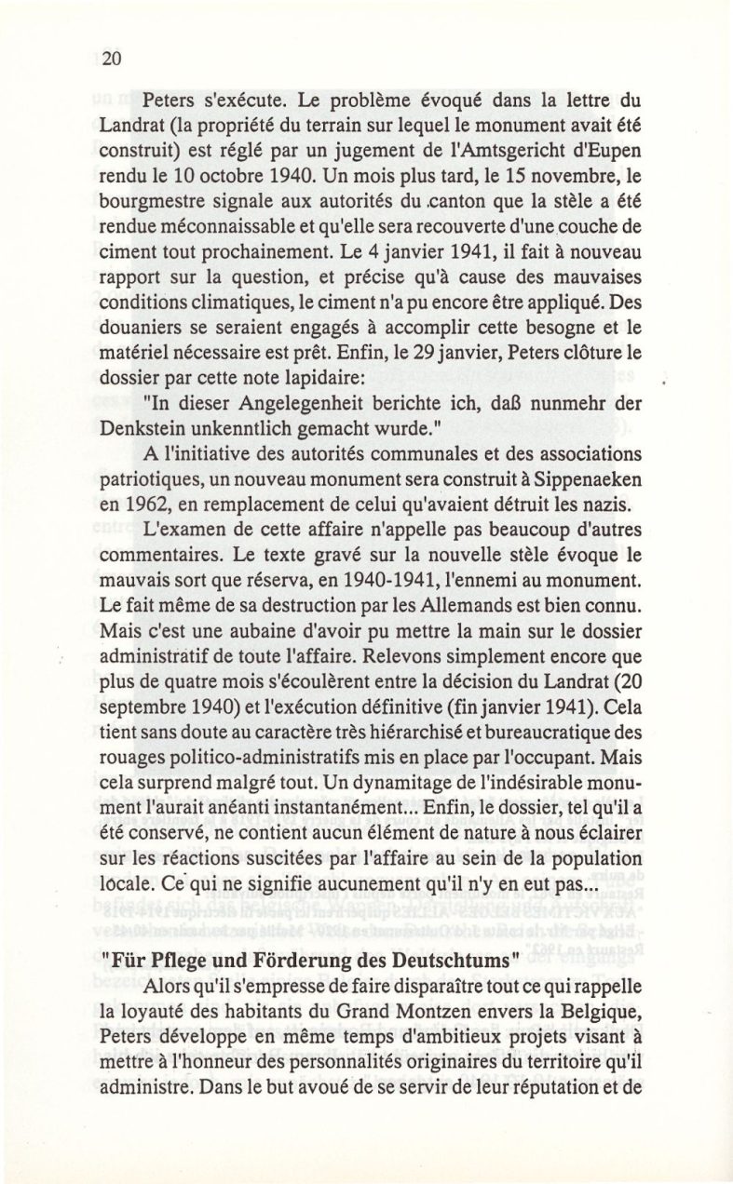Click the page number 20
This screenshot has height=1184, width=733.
point(112,59)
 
